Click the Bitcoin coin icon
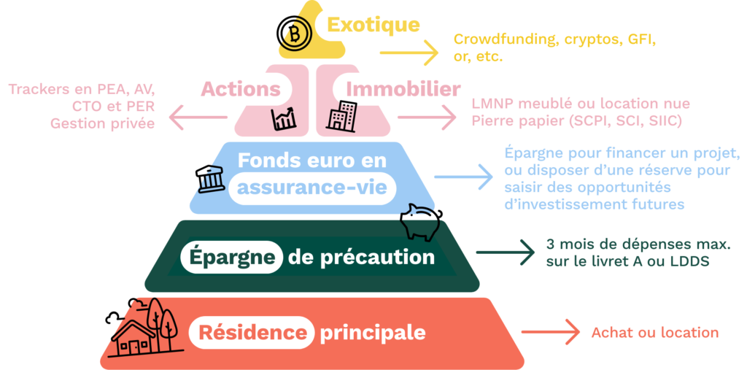[295, 34]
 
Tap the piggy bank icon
[421, 221]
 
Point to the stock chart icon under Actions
[284, 119]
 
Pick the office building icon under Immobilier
[341, 116]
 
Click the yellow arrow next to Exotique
[409, 53]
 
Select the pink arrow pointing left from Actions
[198, 117]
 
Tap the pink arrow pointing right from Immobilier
[427, 117]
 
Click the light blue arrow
[463, 177]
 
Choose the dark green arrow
[506, 253]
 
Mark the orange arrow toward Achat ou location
[551, 332]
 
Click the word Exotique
[373, 25]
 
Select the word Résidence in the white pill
[252, 332]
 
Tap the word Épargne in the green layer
[233, 258]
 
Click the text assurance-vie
[312, 188]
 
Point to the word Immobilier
[403, 89]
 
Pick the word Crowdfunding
[507, 40]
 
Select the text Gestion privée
[102, 123]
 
